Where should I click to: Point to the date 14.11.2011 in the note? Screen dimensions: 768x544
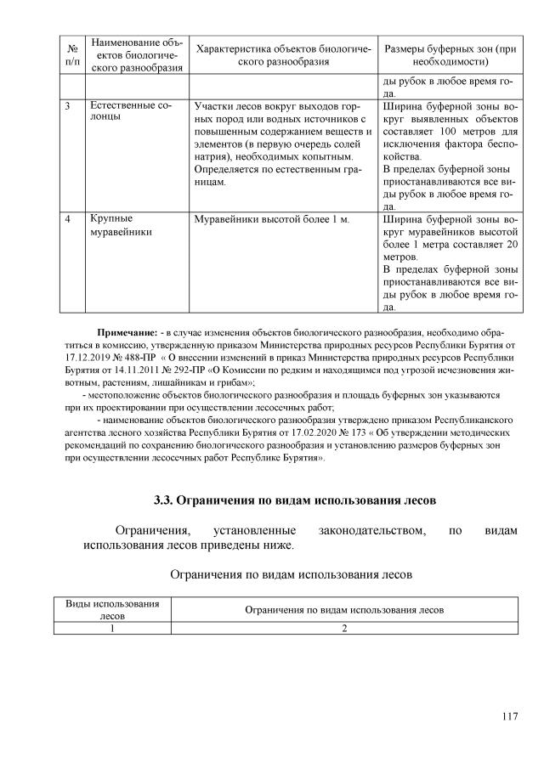[128, 371]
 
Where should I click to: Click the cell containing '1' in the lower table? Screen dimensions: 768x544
[113, 628]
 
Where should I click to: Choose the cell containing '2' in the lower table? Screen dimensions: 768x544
[344, 628]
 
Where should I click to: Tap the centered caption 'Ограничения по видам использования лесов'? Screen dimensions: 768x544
[292, 574]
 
